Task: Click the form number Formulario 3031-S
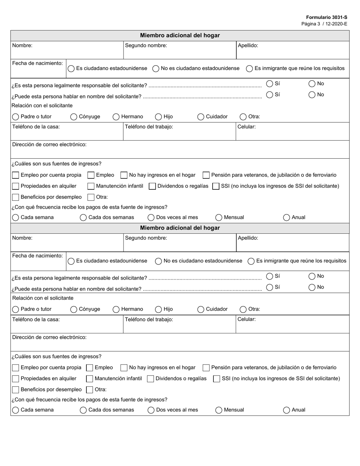coord(327,17)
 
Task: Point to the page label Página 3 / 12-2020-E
coord(324,24)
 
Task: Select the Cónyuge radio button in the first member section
coord(74,117)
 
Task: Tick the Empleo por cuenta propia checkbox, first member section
coord(16,175)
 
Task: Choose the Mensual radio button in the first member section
coord(219,217)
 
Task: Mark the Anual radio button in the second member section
coord(286,410)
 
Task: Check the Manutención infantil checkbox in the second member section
coord(90,379)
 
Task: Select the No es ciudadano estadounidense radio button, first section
coord(156,69)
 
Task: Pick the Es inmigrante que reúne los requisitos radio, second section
coord(251,261)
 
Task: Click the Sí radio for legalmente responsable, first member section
coord(269,84)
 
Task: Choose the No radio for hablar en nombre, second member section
coord(312,287)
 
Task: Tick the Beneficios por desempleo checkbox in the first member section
coord(16,197)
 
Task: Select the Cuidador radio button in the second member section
coord(201,310)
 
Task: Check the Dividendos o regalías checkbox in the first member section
coord(152,186)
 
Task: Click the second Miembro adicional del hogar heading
coord(180,228)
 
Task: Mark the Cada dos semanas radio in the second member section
coord(83,410)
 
